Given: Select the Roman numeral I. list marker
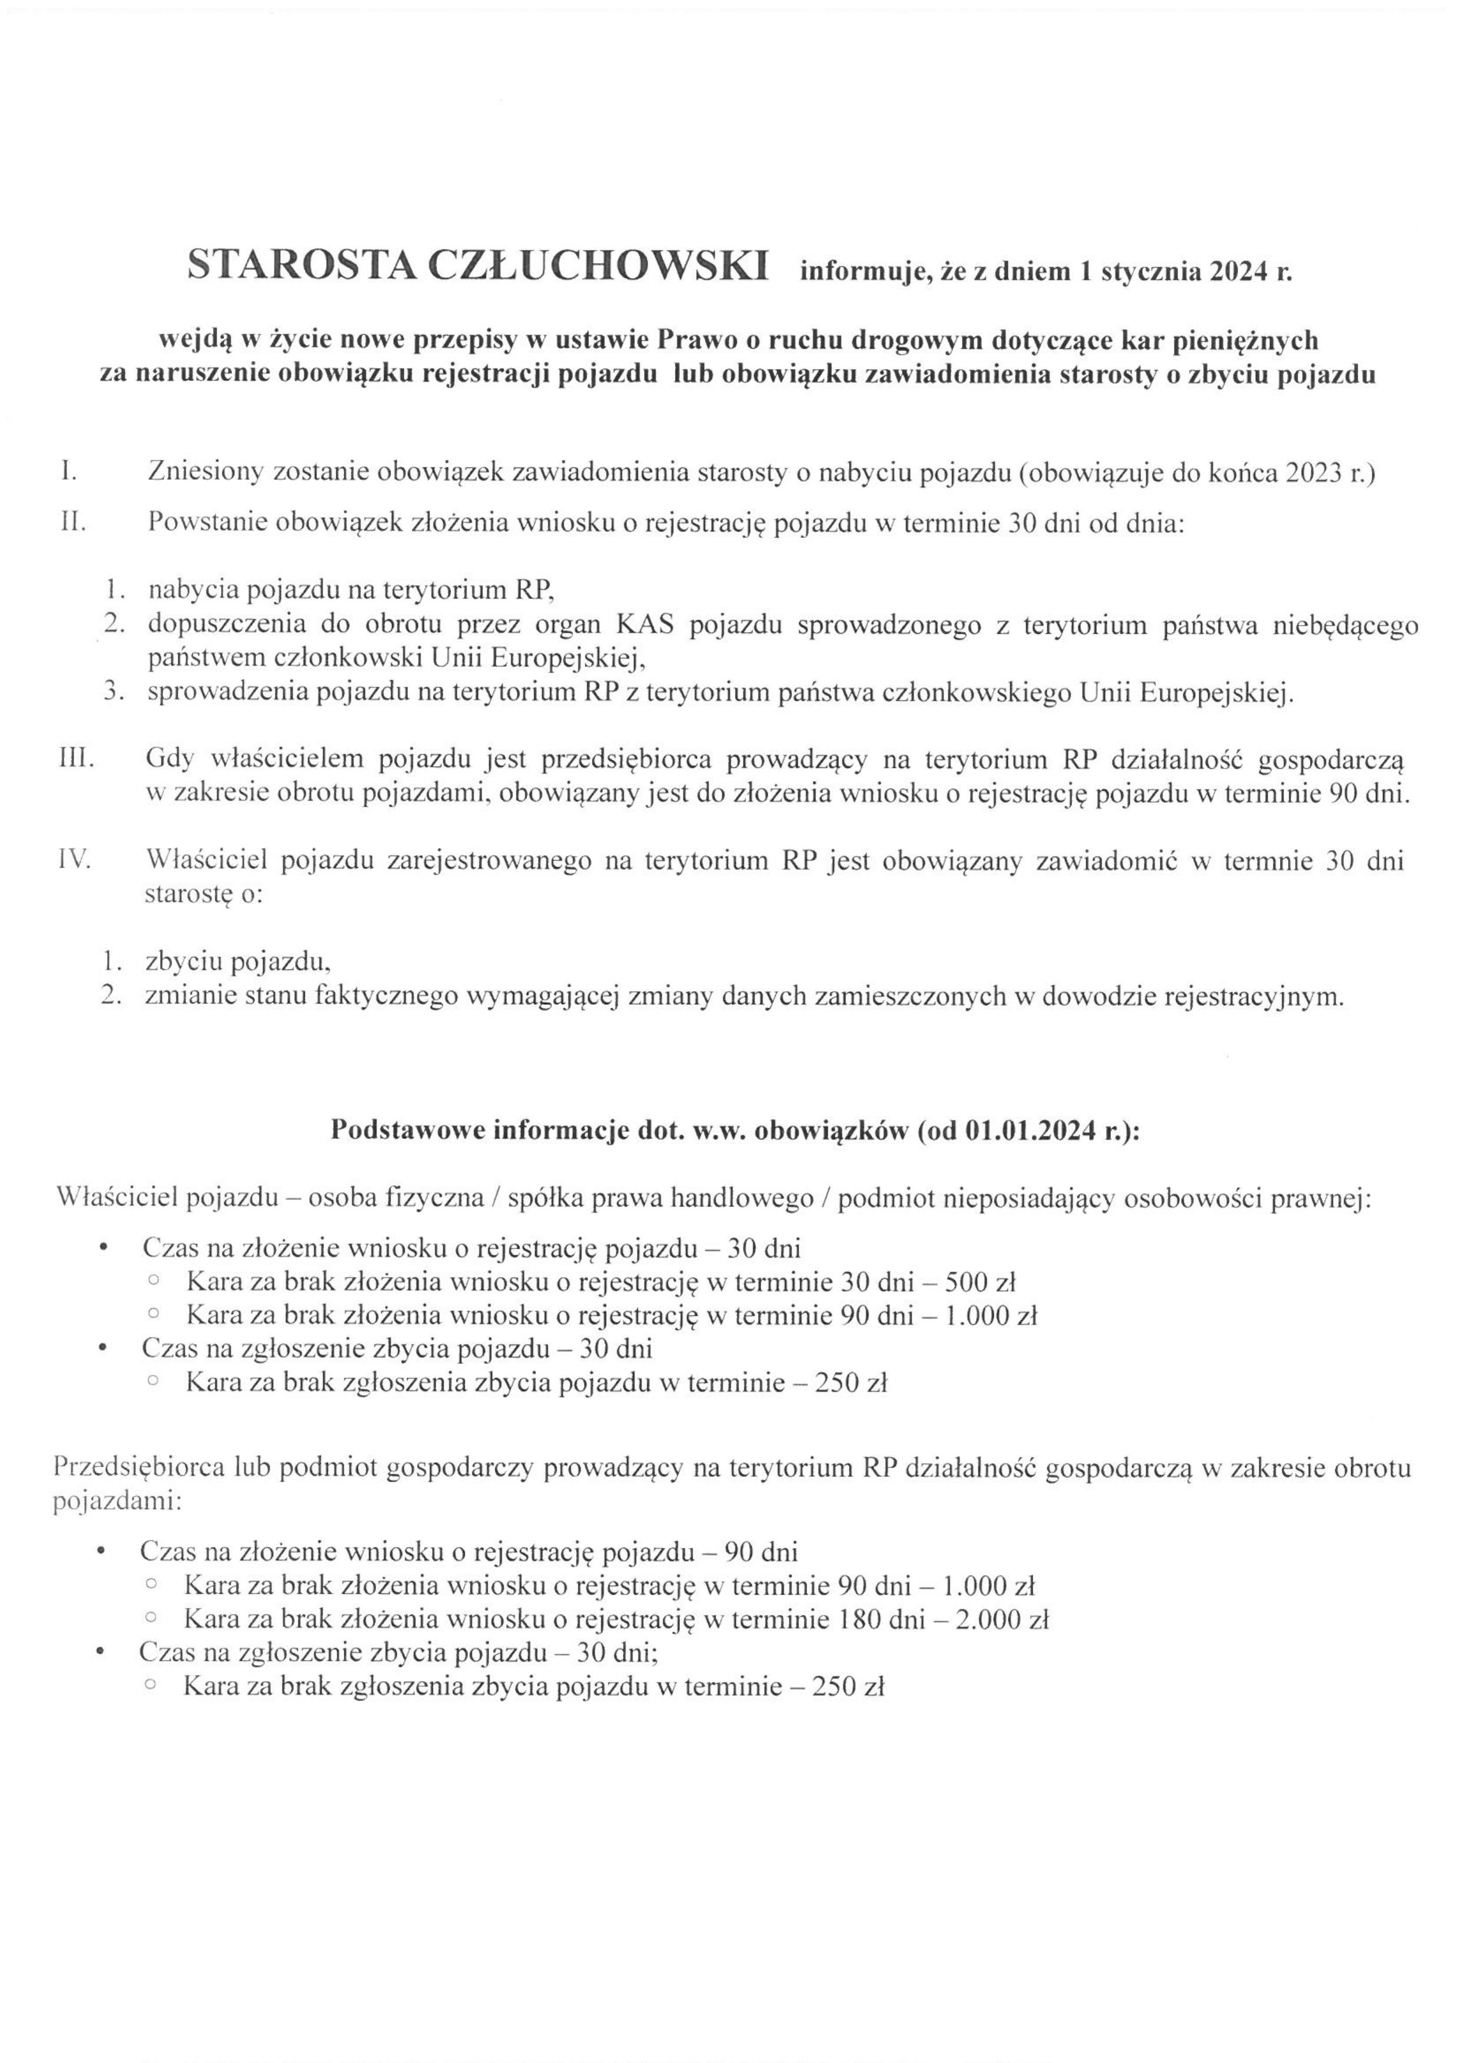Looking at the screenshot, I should (x=68, y=472).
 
